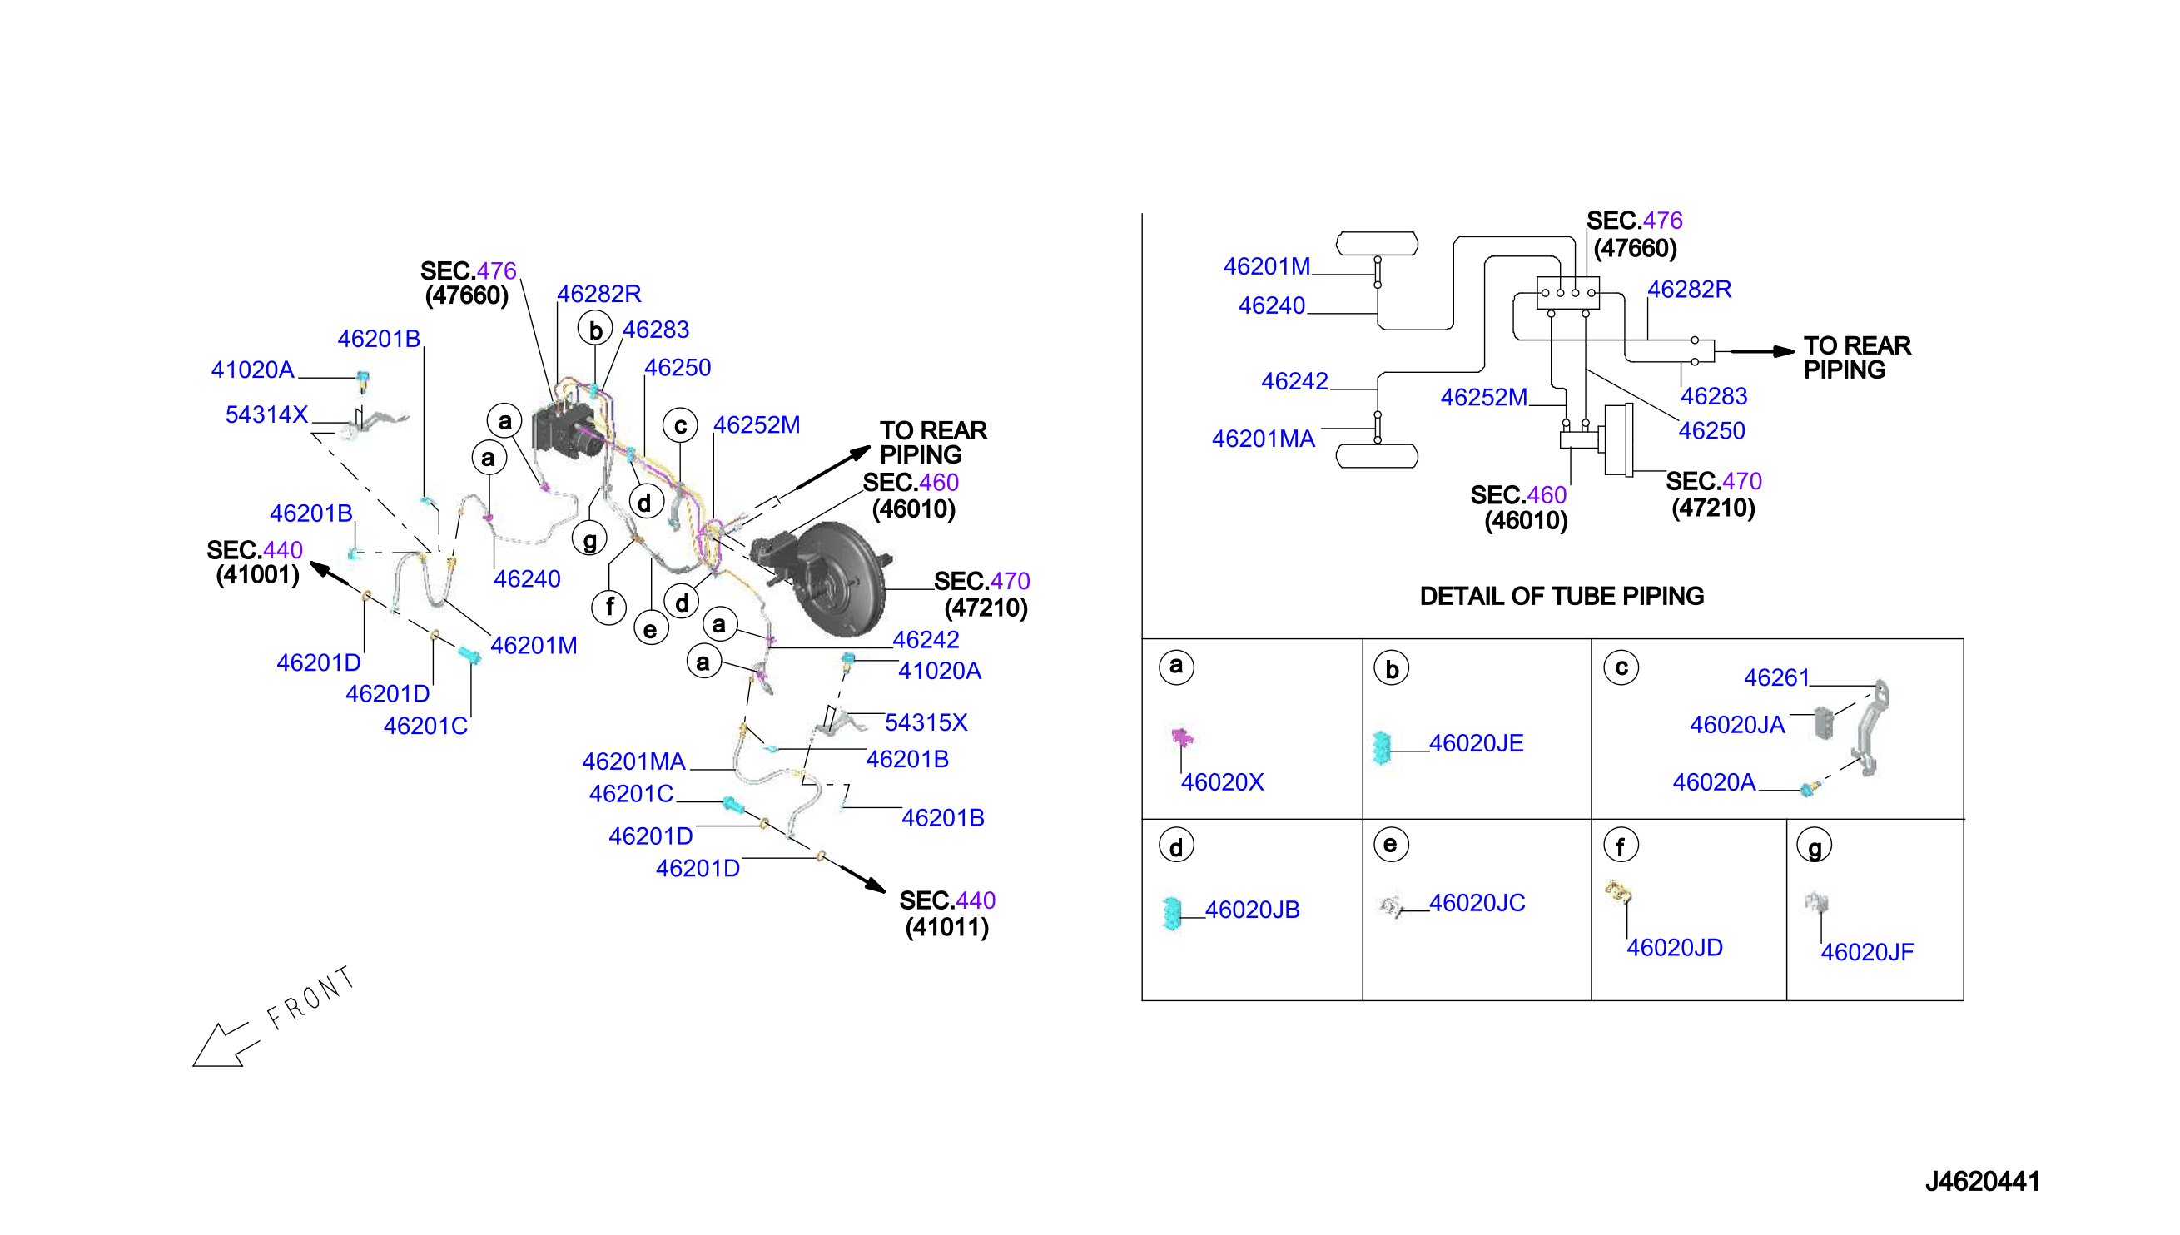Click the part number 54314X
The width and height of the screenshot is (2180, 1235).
266,414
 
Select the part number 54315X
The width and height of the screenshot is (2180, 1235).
926,722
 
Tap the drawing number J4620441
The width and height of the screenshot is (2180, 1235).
1983,1181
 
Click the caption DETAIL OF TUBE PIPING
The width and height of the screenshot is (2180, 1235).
1562,597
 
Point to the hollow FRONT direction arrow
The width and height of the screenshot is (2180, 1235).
223,1044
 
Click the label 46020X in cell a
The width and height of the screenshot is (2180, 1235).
1222,782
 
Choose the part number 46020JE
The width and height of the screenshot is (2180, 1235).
1477,743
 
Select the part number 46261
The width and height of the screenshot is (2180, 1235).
1776,677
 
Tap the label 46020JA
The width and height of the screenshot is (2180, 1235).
1737,725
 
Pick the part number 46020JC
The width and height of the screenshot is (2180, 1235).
1477,903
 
